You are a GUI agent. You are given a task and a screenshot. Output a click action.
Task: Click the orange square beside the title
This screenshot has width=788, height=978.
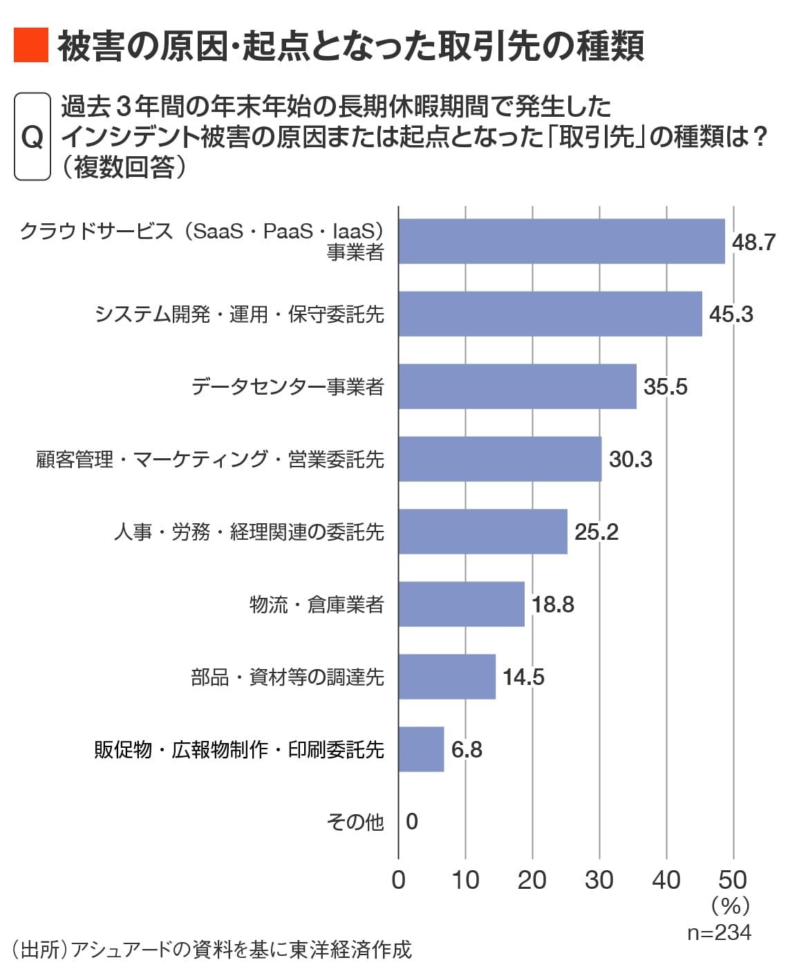[31, 46]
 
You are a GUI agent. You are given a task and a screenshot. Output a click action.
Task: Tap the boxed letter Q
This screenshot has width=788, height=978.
[32, 137]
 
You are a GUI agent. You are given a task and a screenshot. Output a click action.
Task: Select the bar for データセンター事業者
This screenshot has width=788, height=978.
[517, 386]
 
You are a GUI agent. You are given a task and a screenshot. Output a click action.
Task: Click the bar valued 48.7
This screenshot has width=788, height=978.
[561, 241]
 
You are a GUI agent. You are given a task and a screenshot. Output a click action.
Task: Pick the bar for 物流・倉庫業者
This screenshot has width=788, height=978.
[461, 604]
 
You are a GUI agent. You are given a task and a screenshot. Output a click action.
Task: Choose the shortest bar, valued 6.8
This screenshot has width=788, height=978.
[421, 749]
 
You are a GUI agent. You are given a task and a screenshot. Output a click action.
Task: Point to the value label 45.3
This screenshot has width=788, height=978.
[731, 314]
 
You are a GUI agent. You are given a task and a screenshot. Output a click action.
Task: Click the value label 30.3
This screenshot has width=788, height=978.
[630, 460]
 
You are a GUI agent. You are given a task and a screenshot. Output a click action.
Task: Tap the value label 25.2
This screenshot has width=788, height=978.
[596, 532]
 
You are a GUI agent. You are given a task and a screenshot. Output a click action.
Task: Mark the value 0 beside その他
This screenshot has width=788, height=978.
[412, 822]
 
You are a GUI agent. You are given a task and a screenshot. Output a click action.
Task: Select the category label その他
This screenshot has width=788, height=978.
[355, 822]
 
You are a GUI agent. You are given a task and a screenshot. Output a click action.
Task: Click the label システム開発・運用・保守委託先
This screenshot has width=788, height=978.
[239, 314]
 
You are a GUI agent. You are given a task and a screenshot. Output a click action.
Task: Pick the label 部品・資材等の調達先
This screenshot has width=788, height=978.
[287, 677]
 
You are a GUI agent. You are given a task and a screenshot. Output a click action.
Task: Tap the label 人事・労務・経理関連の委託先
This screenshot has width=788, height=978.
[249, 532]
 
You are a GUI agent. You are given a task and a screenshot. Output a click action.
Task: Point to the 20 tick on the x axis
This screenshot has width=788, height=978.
[532, 880]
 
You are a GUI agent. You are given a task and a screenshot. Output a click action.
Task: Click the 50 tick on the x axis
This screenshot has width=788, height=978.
[733, 880]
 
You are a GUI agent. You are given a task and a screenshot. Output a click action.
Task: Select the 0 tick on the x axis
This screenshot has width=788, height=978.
[399, 880]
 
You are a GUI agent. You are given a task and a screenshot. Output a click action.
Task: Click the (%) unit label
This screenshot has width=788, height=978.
[730, 906]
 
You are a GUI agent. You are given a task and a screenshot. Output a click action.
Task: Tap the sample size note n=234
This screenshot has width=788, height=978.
[719, 932]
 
